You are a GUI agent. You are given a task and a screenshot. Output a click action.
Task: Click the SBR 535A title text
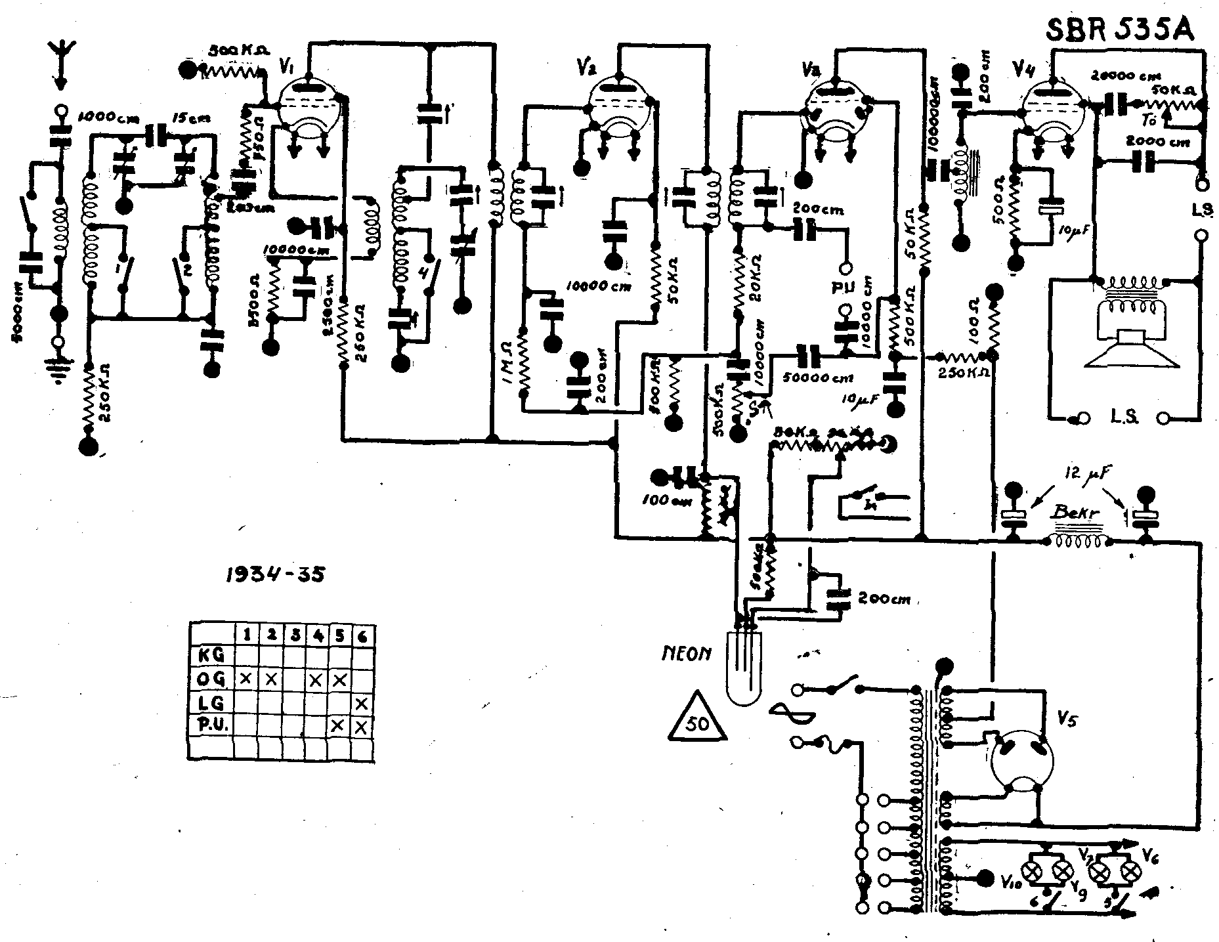coord(1119,31)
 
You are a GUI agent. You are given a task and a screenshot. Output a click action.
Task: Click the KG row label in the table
coord(212,655)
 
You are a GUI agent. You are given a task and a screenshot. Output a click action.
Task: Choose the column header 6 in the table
coord(362,635)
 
